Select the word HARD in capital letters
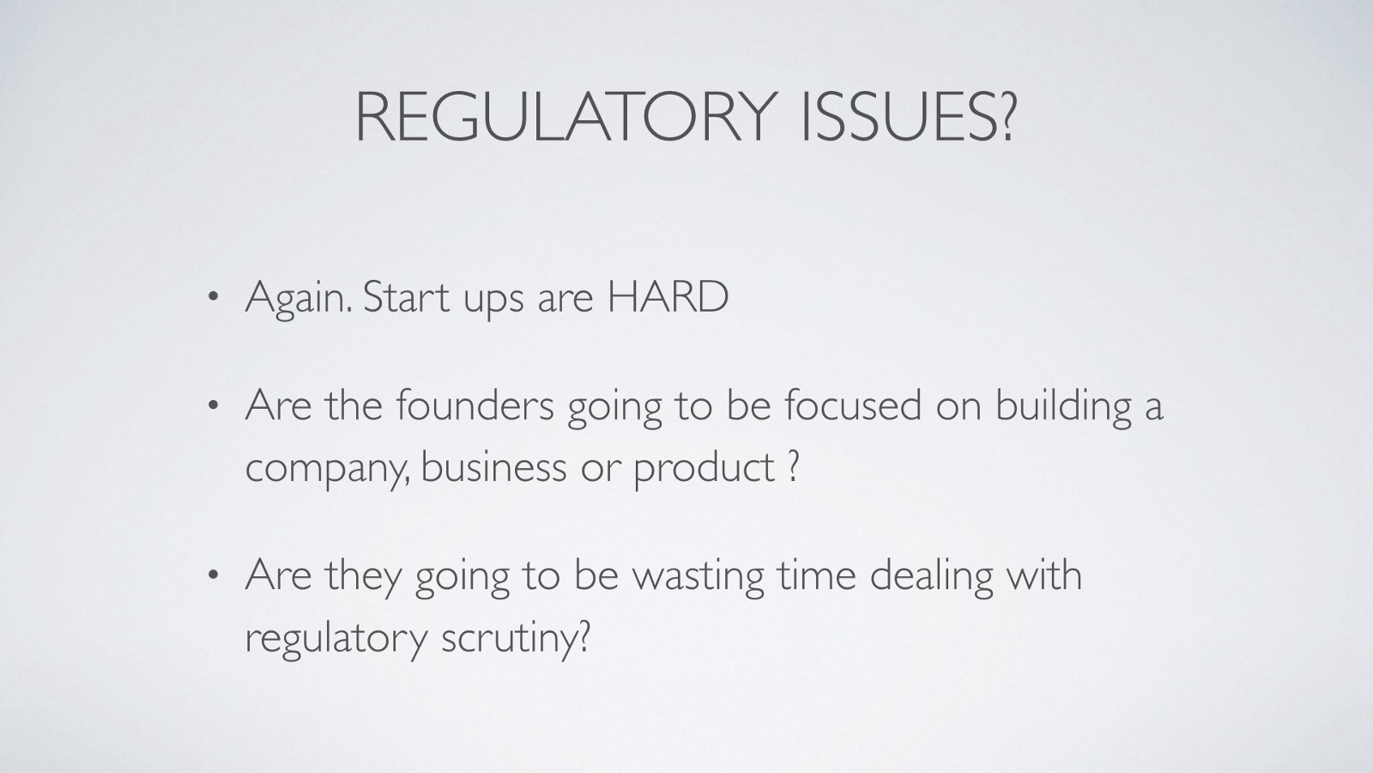[x=668, y=296]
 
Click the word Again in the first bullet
[x=299, y=300]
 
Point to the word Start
[x=407, y=296]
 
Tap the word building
[x=1063, y=408]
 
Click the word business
[x=494, y=466]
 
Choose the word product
[x=705, y=469]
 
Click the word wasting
[x=699, y=578]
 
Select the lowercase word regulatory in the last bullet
[x=336, y=640]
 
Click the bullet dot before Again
[x=213, y=297]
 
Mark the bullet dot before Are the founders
[x=213, y=405]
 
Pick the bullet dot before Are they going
[x=213, y=575]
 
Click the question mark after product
[x=792, y=466]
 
